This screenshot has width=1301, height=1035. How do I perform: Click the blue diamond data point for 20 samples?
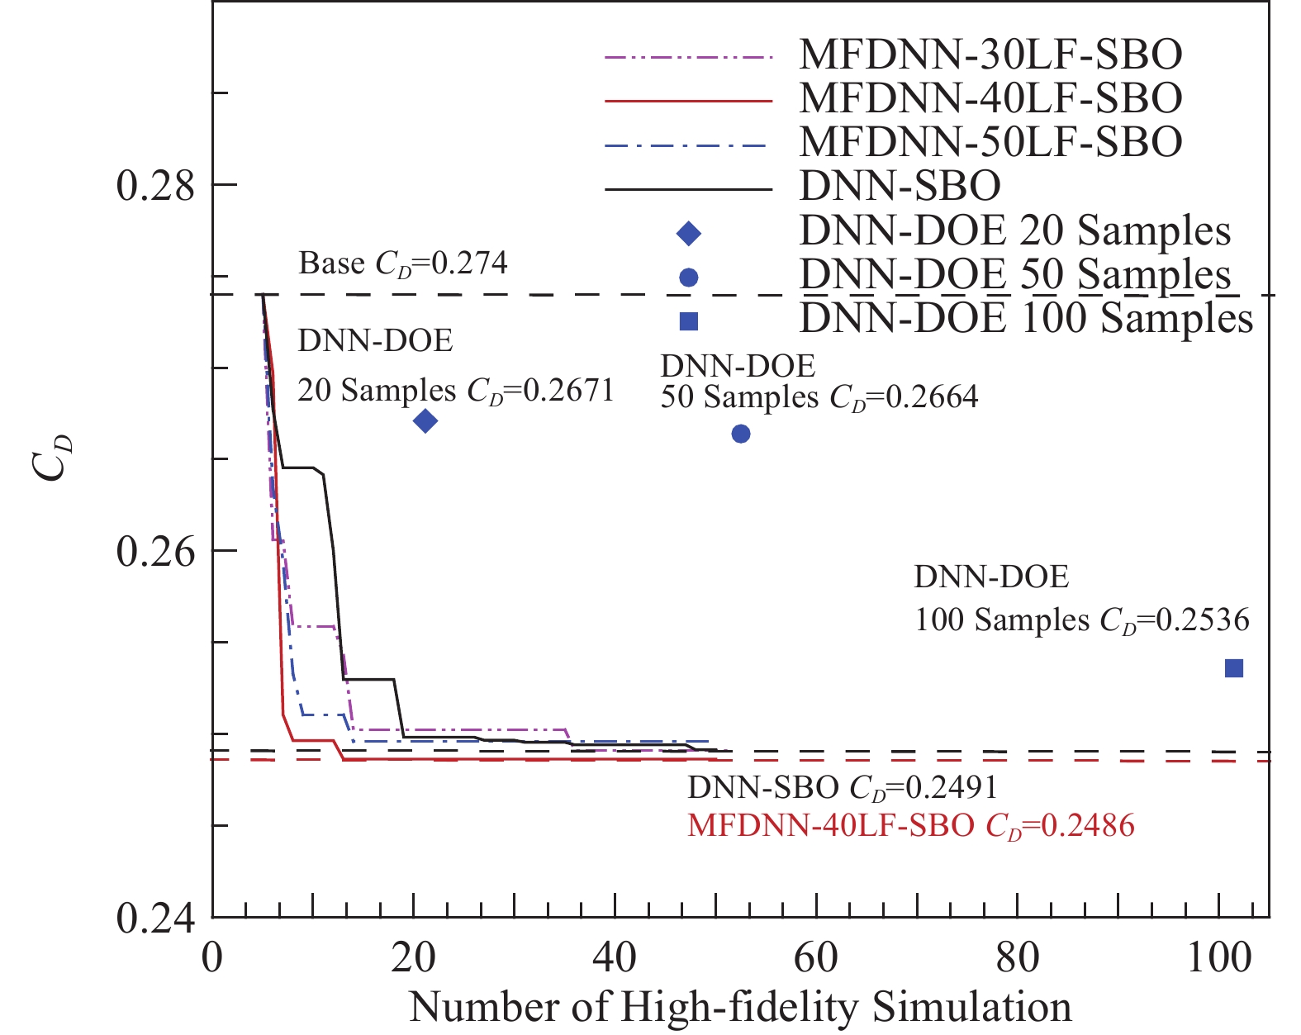coord(425,421)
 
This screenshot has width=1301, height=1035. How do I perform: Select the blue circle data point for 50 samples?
coord(741,434)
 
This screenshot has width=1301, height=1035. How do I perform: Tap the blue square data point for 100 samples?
coord(1233,668)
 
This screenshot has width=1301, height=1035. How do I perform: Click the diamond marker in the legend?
coord(688,234)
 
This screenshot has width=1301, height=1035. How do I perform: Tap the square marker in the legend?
coord(688,321)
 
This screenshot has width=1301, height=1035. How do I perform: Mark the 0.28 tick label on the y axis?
coord(155,185)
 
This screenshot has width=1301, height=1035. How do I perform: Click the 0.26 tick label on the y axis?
coord(155,551)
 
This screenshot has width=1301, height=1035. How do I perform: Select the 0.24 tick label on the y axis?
coord(155,918)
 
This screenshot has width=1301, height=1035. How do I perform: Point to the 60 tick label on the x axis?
coord(816,959)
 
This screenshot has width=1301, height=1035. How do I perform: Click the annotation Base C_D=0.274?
coord(403,264)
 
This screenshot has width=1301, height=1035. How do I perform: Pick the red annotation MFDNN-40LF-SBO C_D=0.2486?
coord(911,825)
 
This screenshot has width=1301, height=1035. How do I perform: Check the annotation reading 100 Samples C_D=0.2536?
coord(1081,620)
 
